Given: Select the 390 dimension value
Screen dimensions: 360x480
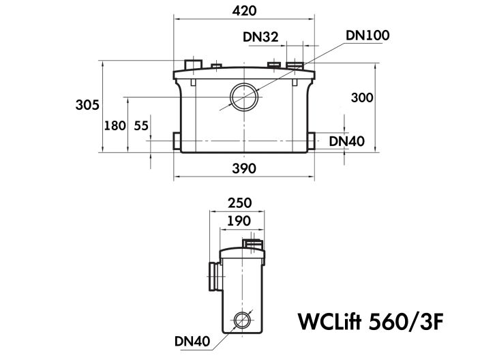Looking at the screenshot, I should [x=243, y=169].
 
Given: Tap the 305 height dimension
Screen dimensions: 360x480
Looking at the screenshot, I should [x=88, y=104].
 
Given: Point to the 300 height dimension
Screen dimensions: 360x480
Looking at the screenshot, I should [x=362, y=97].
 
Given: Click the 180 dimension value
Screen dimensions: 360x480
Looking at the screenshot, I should [x=115, y=125].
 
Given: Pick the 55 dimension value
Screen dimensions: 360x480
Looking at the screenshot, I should [x=141, y=125].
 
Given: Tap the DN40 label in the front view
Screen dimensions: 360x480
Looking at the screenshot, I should [x=347, y=141].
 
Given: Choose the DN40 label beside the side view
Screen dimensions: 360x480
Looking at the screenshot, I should [x=192, y=340].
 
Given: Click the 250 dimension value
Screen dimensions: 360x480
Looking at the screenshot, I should [x=239, y=202].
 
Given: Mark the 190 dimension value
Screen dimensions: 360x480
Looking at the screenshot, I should [x=239, y=220].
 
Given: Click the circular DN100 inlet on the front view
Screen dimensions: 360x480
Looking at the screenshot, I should [x=243, y=97].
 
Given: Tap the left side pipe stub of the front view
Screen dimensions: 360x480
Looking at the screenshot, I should [x=178, y=142].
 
